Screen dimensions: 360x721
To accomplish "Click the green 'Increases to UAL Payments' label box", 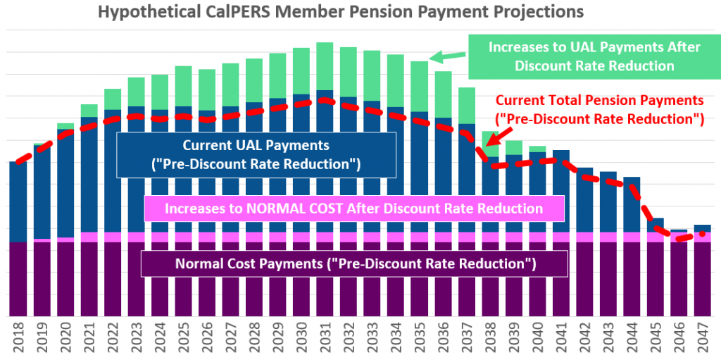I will (595, 56).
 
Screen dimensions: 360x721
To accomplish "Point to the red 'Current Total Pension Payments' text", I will (598, 109).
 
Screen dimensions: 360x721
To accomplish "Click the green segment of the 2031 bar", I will (325, 66).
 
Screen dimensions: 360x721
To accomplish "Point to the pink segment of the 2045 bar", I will (655, 237).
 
